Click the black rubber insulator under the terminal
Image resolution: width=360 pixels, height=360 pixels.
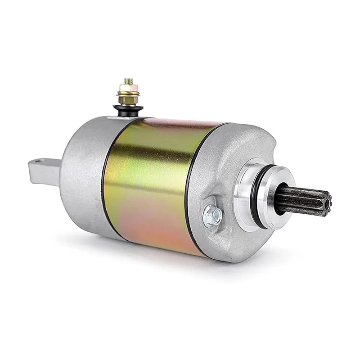coord(128,109)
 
